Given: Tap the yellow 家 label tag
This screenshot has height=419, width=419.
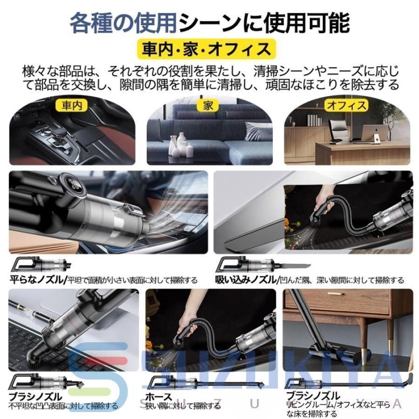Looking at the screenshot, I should pos(208,105).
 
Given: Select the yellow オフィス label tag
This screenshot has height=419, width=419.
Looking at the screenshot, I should pos(346,105).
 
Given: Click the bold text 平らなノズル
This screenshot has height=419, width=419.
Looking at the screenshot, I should pos(38,280).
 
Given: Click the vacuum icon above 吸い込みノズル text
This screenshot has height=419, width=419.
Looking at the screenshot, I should pos(247,265).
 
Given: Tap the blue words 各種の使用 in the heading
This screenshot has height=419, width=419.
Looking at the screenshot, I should pos(123,22).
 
